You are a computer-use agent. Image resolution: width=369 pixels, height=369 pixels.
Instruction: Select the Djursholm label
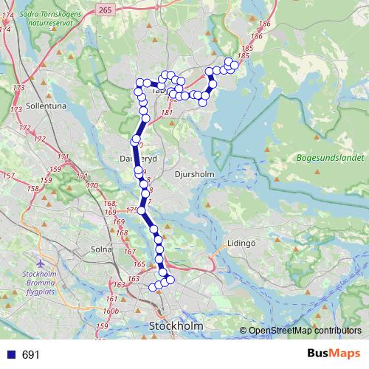195,175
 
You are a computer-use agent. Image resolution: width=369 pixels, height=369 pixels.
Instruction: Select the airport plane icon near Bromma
40,262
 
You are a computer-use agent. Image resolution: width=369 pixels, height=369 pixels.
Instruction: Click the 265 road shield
104,8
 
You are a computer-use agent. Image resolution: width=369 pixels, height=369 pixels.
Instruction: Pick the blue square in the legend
9,355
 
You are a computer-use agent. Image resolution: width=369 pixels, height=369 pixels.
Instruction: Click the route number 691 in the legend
30,355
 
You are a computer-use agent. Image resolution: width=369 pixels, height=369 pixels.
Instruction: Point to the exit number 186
265,25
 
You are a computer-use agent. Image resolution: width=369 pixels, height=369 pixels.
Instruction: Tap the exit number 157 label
8,176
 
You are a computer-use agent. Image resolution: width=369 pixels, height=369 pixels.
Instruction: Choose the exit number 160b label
111,311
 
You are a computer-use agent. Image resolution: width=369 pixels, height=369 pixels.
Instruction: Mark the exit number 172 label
26,128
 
